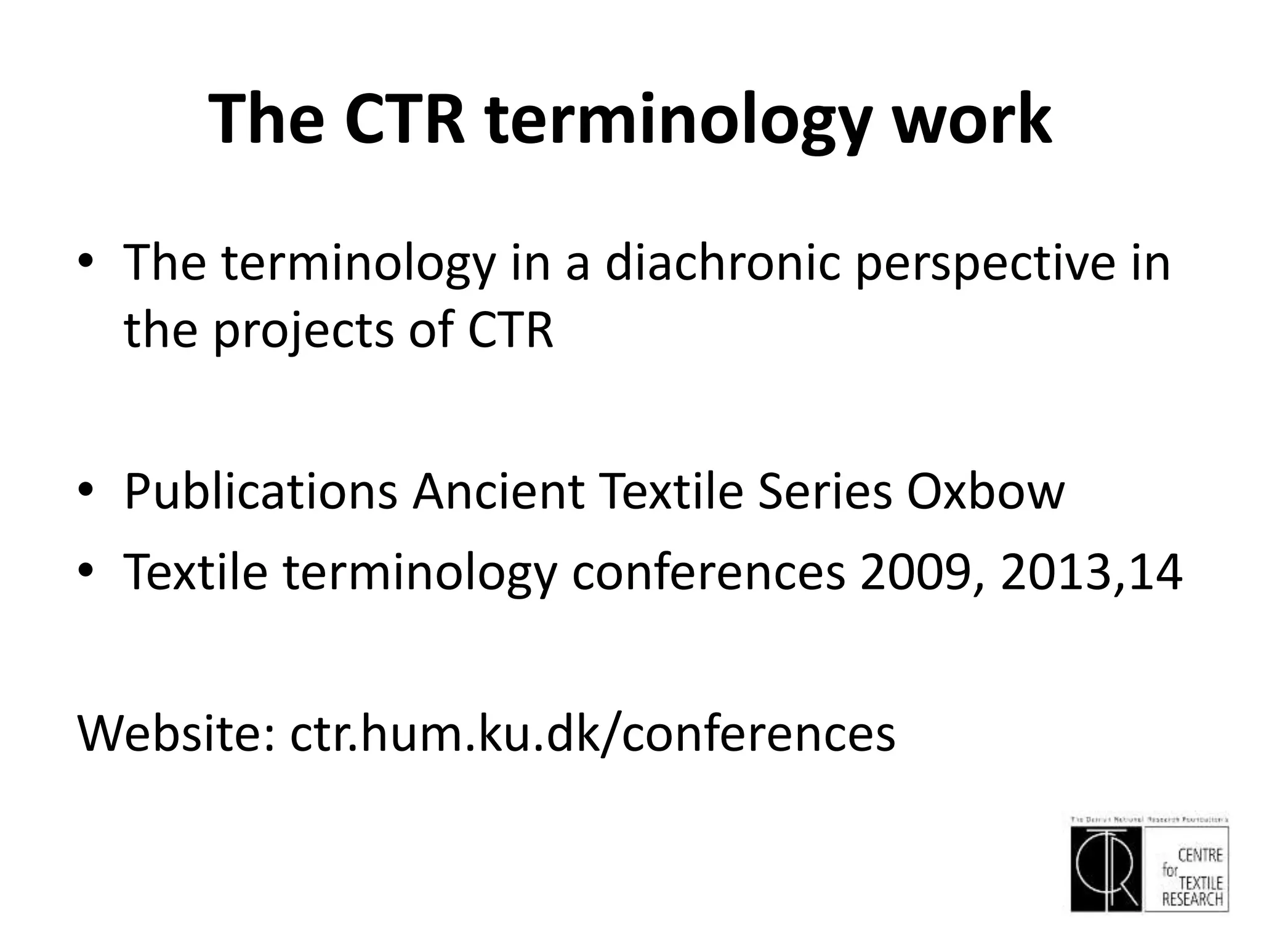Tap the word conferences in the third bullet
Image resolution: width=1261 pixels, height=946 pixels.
coord(708,572)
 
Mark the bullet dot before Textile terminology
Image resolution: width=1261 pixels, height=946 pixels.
coord(86,572)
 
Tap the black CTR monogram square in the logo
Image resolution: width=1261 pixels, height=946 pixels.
coord(1106,868)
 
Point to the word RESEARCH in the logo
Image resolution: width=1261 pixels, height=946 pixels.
coord(1192,899)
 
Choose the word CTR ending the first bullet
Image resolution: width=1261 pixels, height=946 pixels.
coord(510,331)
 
